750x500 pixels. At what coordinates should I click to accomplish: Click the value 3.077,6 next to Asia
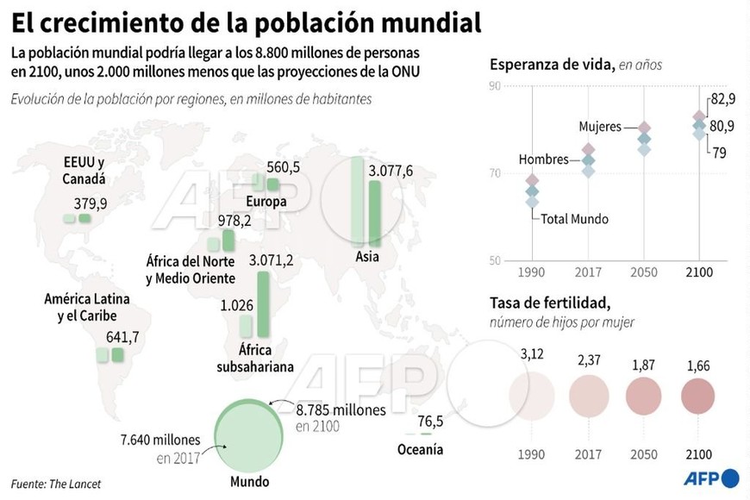click(x=391, y=171)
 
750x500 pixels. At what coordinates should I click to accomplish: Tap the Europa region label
click(x=266, y=202)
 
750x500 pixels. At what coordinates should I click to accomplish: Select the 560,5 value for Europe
click(x=284, y=167)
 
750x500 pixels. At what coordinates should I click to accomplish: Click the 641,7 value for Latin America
click(x=122, y=336)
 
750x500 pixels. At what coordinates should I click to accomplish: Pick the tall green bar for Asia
click(x=374, y=211)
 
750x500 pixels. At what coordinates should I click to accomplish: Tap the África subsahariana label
click(x=255, y=359)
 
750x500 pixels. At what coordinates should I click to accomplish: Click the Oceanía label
click(x=420, y=449)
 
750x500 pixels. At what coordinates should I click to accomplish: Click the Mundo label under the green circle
click(x=249, y=482)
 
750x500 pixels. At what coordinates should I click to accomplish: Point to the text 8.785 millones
click(x=341, y=410)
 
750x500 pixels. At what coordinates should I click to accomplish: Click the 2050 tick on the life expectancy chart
click(x=644, y=272)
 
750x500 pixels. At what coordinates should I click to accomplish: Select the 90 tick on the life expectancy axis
click(x=494, y=85)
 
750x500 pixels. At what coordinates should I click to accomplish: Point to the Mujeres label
click(x=600, y=127)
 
